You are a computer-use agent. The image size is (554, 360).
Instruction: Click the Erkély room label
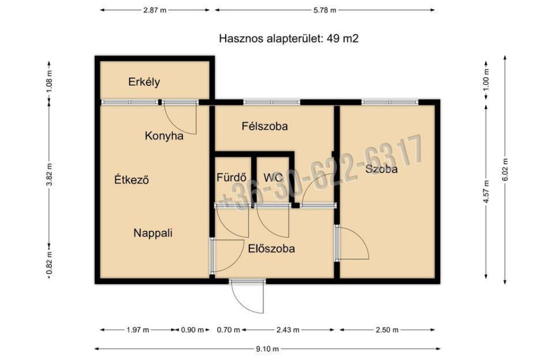tap(144, 82)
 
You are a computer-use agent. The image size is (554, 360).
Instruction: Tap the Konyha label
tap(164, 136)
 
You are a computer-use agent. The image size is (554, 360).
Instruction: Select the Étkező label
tap(131, 179)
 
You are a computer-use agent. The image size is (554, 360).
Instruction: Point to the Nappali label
tap(153, 233)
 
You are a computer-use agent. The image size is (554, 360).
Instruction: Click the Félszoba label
tap(265, 126)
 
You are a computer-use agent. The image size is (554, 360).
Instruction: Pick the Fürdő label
tap(232, 177)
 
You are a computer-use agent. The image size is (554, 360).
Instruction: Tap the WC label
tap(273, 177)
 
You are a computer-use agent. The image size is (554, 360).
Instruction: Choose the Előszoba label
tap(272, 249)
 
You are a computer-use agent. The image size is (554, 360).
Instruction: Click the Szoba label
tap(381, 169)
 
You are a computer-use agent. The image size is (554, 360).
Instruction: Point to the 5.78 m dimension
tap(325, 10)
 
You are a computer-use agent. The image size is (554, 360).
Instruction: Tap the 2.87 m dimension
tap(154, 10)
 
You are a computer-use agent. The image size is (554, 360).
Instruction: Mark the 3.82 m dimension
tap(49, 175)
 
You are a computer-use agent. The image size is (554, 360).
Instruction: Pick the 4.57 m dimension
tap(486, 191)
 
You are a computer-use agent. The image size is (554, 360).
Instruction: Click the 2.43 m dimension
tap(288, 330)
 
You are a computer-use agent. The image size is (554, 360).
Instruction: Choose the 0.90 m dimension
tap(192, 330)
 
